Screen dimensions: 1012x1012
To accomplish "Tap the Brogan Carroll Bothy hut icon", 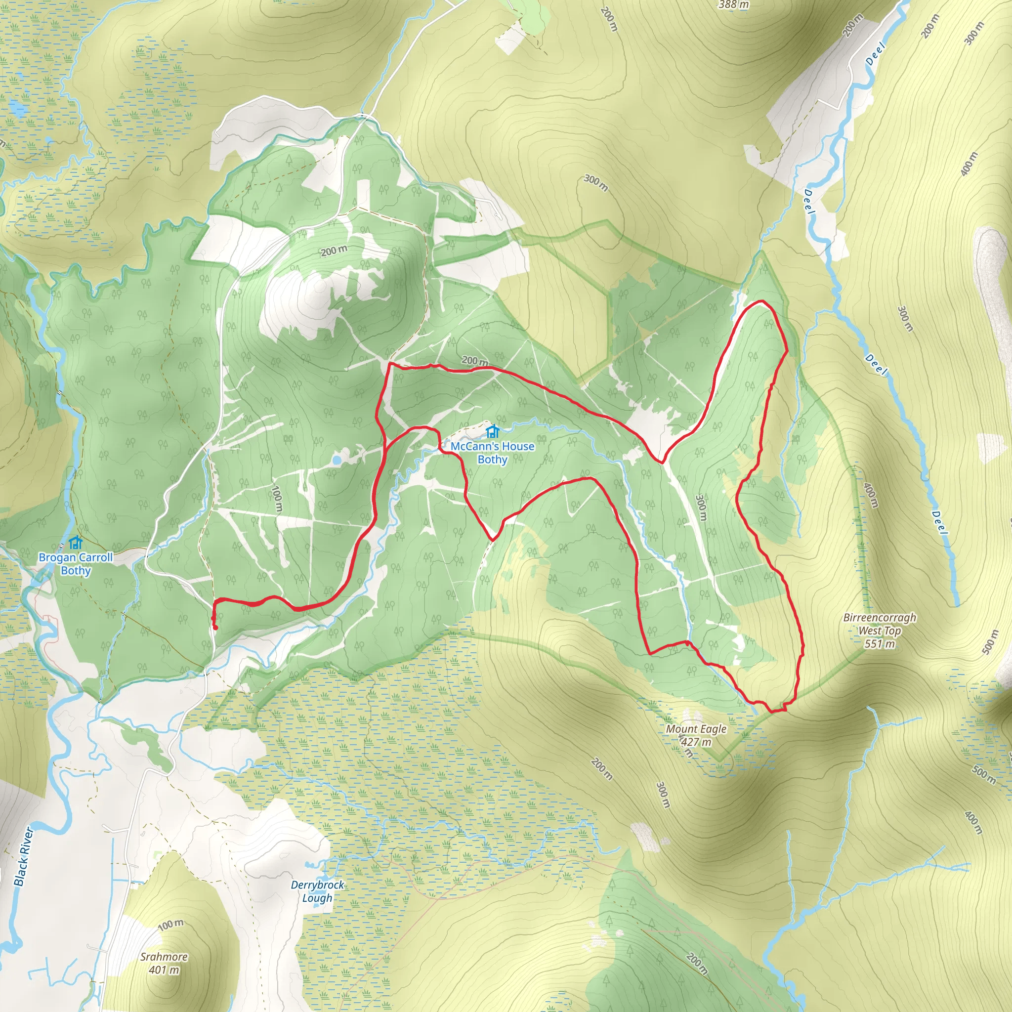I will [76, 542].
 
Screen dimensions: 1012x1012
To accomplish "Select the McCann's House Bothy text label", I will [492, 453].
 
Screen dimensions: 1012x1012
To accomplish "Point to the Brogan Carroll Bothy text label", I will [76, 564].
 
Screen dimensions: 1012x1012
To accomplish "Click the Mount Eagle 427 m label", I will [696, 735].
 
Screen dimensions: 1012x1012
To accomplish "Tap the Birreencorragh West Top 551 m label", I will [880, 631].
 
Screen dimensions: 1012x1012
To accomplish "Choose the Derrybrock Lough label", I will [318, 891].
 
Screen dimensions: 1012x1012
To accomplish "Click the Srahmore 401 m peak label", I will [164, 963].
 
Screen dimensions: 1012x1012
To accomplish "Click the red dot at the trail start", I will [215, 627].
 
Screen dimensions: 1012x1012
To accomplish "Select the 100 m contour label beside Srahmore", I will [171, 925].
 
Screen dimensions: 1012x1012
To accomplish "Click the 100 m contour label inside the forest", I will [277, 499].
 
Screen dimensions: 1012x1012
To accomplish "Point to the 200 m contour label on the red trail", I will [474, 361].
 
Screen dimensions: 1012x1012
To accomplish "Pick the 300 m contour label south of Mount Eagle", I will [663, 795].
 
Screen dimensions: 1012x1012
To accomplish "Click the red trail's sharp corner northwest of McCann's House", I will [389, 363].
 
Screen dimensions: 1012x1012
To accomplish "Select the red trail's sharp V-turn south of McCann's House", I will [493, 539].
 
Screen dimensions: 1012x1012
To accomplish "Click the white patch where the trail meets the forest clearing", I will [648, 424].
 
